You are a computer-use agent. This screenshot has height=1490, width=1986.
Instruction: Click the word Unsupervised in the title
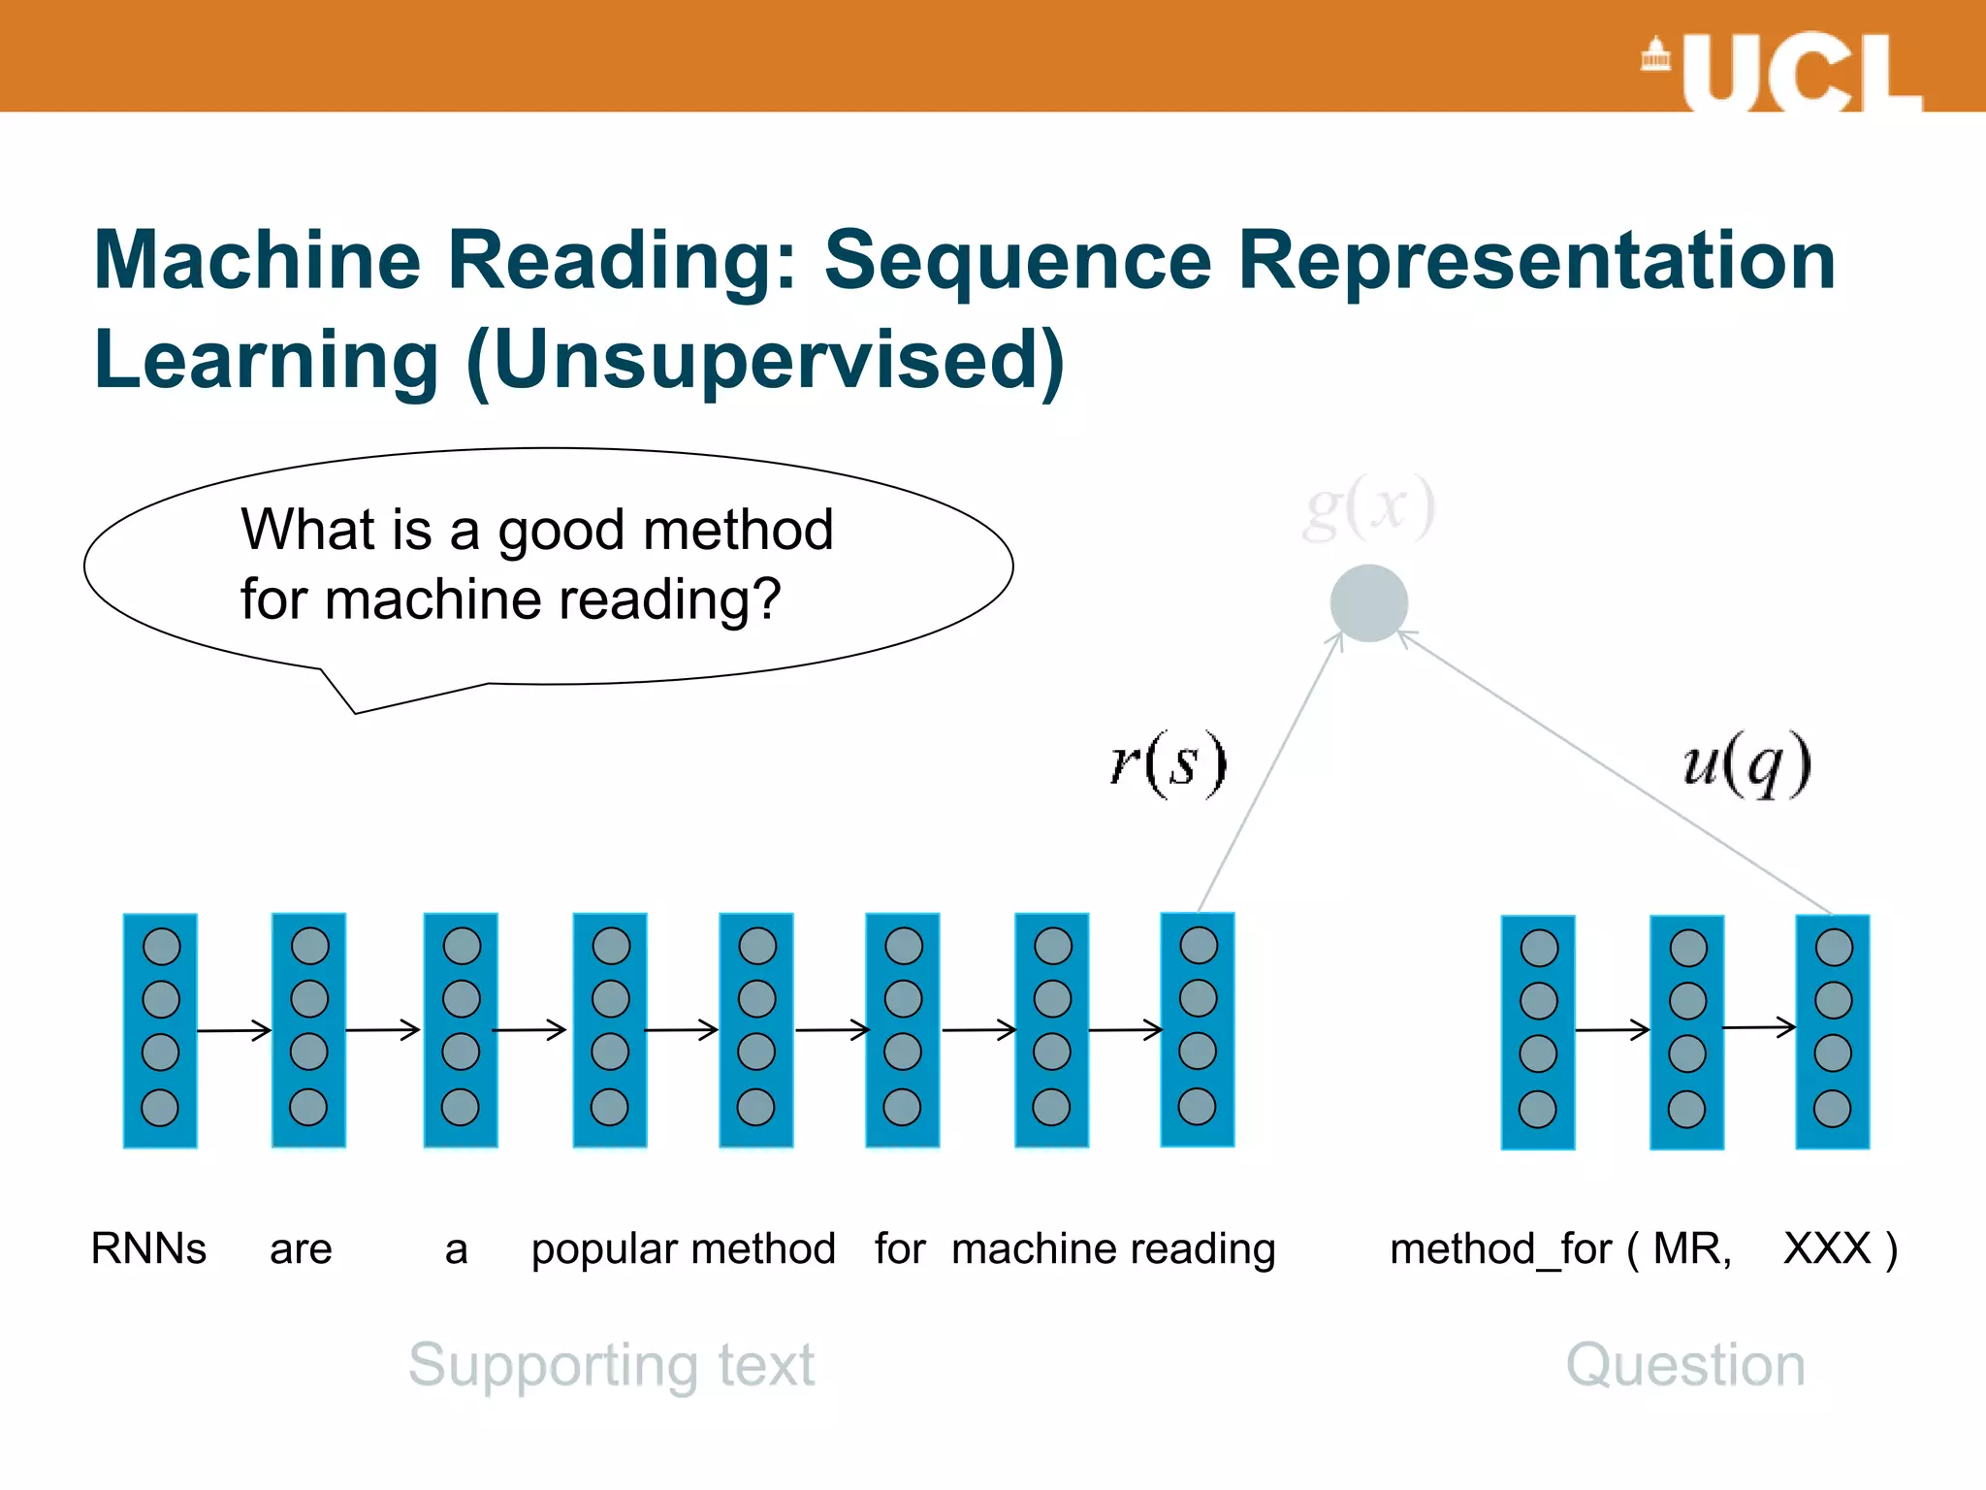pyautogui.click(x=766, y=361)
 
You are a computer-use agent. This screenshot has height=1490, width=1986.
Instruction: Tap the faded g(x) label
pyautogui.click(x=1368, y=507)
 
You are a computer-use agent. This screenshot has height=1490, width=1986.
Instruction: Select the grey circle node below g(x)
pyautogui.click(x=1368, y=603)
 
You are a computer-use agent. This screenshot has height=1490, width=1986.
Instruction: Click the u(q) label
pyautogui.click(x=1746, y=763)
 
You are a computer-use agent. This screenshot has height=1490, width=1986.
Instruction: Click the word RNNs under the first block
pyautogui.click(x=148, y=1248)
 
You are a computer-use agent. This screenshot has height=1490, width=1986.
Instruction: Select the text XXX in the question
pyautogui.click(x=1827, y=1248)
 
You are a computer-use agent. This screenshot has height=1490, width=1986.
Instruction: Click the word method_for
pyautogui.click(x=1500, y=1249)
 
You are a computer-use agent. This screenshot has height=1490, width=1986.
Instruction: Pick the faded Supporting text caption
pyautogui.click(x=611, y=1365)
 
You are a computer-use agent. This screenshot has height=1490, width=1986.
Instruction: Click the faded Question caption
pyautogui.click(x=1685, y=1365)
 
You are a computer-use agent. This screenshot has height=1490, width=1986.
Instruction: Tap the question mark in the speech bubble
pyautogui.click(x=765, y=599)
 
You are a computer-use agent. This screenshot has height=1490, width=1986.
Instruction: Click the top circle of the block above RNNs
pyautogui.click(x=161, y=947)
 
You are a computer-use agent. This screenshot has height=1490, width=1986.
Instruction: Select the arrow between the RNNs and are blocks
pyautogui.click(x=234, y=1030)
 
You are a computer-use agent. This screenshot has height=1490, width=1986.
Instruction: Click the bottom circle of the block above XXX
pyautogui.click(x=1832, y=1109)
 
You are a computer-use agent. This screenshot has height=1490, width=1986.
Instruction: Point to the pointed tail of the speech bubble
pyautogui.click(x=356, y=712)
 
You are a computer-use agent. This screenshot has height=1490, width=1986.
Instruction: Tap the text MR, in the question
pyautogui.click(x=1692, y=1248)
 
